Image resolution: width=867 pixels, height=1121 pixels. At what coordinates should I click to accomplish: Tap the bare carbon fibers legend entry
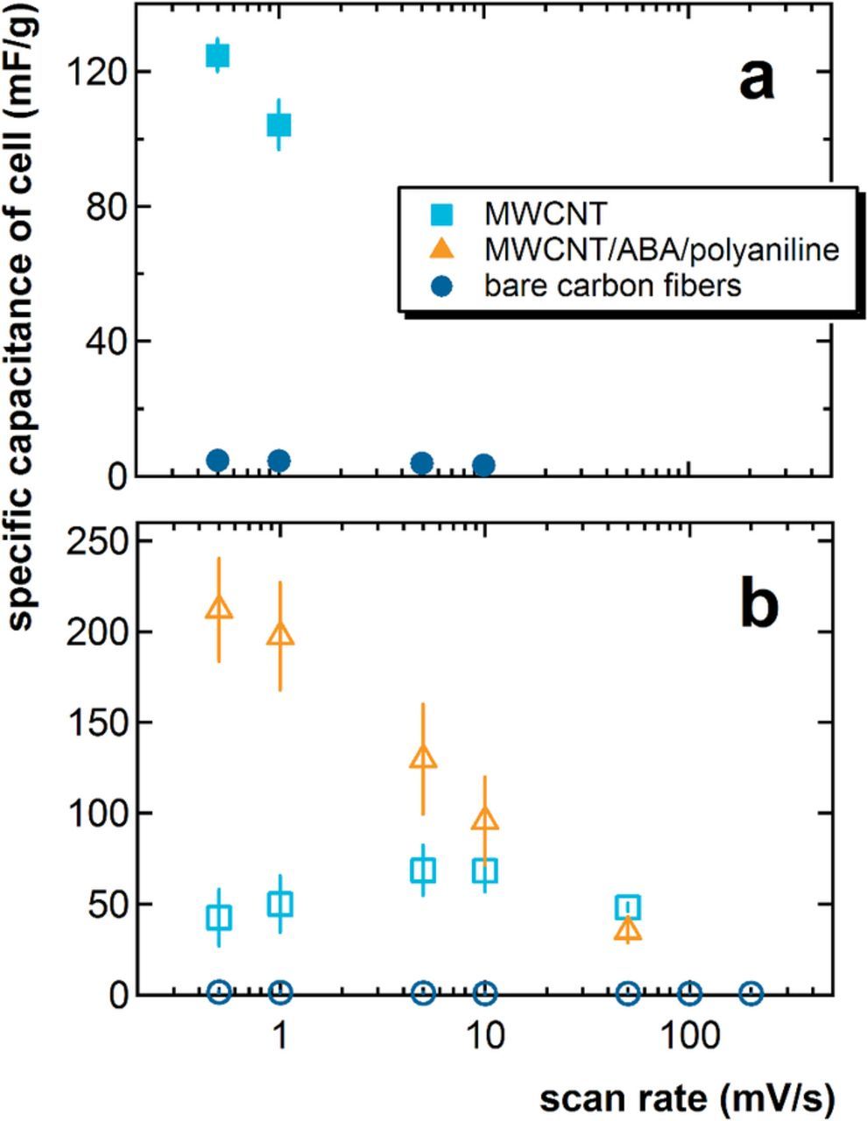614,286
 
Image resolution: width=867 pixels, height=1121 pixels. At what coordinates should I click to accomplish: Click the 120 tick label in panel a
98,72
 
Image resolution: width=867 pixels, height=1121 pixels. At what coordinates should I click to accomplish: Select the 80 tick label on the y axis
106,207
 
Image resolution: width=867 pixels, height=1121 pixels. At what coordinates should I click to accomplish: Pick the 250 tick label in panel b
98,540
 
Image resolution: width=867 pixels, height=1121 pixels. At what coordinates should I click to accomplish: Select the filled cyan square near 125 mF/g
217,55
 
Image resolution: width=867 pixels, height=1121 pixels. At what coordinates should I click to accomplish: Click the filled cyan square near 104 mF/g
278,125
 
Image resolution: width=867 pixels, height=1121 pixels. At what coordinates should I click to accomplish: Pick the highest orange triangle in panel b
219,608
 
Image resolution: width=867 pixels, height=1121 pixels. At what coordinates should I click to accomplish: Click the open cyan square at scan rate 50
627,907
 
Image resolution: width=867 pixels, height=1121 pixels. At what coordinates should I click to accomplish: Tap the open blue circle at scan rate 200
751,993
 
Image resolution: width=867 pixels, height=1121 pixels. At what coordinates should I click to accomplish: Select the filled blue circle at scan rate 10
483,464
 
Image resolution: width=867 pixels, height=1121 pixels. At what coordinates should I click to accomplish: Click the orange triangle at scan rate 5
423,757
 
